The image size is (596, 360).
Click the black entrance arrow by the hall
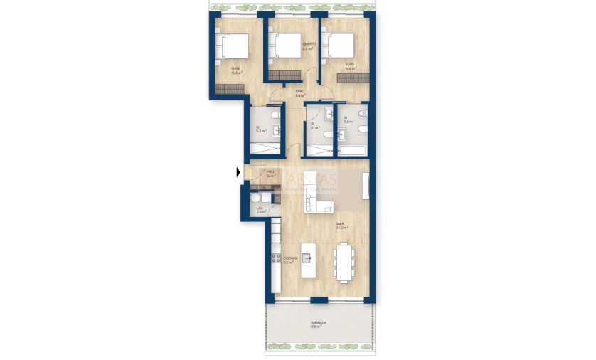(x=238, y=171)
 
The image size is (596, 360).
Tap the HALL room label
(x=270, y=173)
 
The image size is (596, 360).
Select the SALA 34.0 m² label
(x=341, y=226)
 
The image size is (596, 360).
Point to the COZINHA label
(x=289, y=260)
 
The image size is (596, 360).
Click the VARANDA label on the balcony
(x=318, y=325)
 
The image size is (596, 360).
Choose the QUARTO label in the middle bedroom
(x=309, y=46)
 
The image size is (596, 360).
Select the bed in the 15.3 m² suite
(x=233, y=46)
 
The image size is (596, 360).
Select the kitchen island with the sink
(x=308, y=261)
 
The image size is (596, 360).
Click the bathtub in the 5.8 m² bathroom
(x=353, y=151)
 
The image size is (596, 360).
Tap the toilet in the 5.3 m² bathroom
(x=277, y=129)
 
